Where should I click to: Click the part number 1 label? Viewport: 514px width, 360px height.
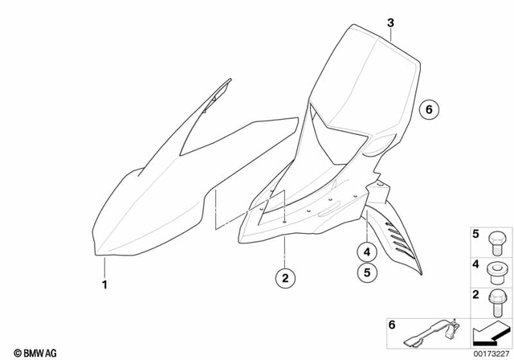pos(104,284)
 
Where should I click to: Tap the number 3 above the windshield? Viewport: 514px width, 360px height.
pos(390,23)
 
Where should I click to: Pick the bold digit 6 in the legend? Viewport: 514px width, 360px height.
pos(393,325)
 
